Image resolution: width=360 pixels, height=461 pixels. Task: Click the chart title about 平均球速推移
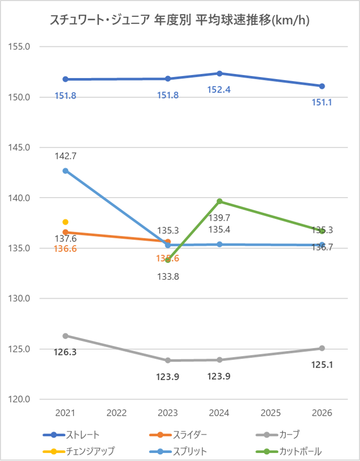click(180, 20)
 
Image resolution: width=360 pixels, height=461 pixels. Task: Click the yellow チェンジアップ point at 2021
click(65, 222)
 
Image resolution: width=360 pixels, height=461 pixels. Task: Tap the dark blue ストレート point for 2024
click(220, 74)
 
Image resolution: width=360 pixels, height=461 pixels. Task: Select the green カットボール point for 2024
click(220, 201)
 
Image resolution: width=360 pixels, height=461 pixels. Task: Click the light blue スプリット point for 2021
click(65, 171)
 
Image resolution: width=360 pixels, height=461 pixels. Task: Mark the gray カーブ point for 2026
click(322, 348)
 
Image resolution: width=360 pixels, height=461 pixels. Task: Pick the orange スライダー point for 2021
click(65, 232)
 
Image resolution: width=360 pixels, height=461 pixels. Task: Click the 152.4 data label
click(219, 90)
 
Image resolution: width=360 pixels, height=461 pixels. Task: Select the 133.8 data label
click(168, 277)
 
